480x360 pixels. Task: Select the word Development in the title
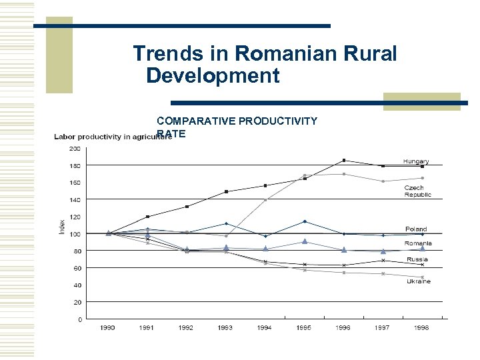pos(213,75)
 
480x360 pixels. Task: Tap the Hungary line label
pos(416,161)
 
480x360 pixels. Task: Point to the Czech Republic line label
pos(417,191)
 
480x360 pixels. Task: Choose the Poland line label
pos(416,229)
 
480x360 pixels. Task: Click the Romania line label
pos(418,244)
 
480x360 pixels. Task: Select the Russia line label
pos(417,259)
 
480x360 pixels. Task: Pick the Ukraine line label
pos(419,281)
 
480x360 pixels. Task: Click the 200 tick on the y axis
pos(75,148)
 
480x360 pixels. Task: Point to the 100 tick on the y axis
pos(75,234)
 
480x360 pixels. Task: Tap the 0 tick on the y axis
pos(79,319)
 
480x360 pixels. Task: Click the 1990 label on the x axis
pos(108,328)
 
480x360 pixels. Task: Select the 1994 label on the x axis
pos(265,328)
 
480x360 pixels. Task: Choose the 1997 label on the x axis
pos(382,328)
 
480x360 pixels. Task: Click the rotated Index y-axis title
pos(63,226)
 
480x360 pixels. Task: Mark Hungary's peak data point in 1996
pos(343,160)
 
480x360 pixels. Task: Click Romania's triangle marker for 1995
pos(304,241)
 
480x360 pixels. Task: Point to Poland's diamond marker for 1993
pos(226,223)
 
